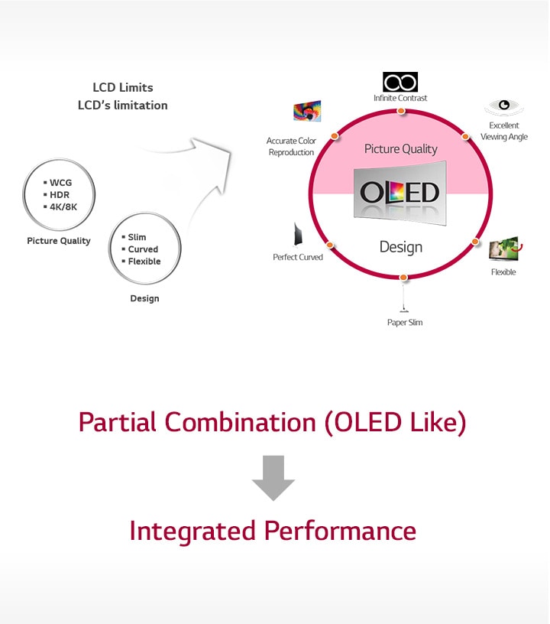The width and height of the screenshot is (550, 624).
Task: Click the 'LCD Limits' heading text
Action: pyautogui.click(x=122, y=87)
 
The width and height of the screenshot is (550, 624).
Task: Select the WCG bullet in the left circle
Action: pyautogui.click(x=60, y=183)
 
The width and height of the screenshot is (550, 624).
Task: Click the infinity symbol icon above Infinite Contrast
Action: pyautogui.click(x=400, y=82)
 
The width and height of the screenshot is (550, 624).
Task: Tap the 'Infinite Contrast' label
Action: pyautogui.click(x=400, y=98)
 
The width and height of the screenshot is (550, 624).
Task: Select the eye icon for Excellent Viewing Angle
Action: pyautogui.click(x=503, y=106)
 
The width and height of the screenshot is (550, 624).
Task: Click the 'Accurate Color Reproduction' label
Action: pyautogui.click(x=290, y=146)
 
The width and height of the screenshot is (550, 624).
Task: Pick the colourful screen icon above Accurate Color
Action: pyautogui.click(x=307, y=112)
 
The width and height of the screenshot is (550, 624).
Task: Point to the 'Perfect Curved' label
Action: pyautogui.click(x=298, y=257)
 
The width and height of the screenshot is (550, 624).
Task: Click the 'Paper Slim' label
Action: pyautogui.click(x=405, y=322)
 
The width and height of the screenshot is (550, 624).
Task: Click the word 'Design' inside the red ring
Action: pyautogui.click(x=401, y=247)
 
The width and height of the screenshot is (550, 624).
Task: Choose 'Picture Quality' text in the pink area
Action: pyautogui.click(x=401, y=149)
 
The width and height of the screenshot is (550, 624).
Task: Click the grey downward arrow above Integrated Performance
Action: pyautogui.click(x=273, y=478)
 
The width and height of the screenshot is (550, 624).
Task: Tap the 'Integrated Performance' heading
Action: pyautogui.click(x=273, y=531)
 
